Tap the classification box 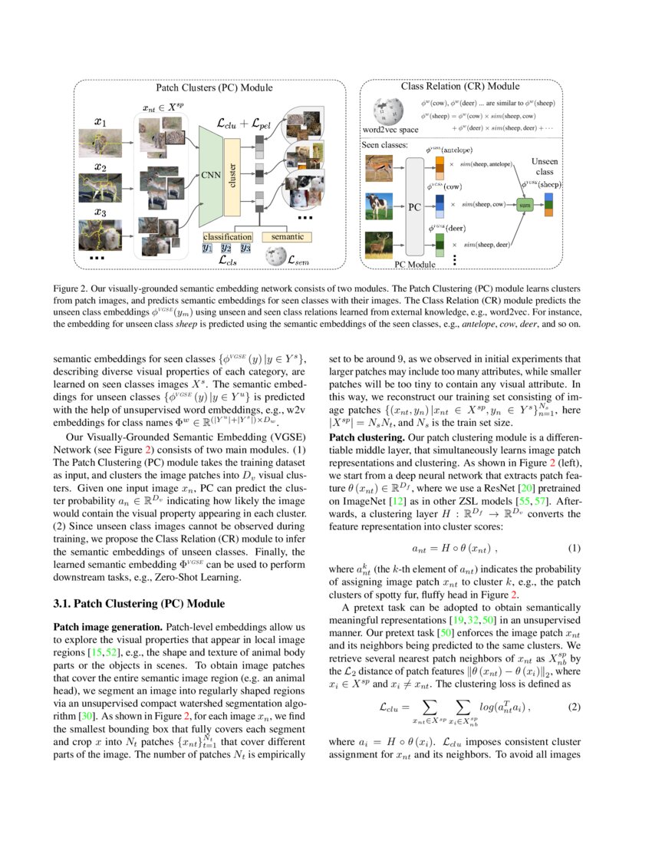(226, 237)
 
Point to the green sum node (525, 206)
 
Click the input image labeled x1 (100, 143)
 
